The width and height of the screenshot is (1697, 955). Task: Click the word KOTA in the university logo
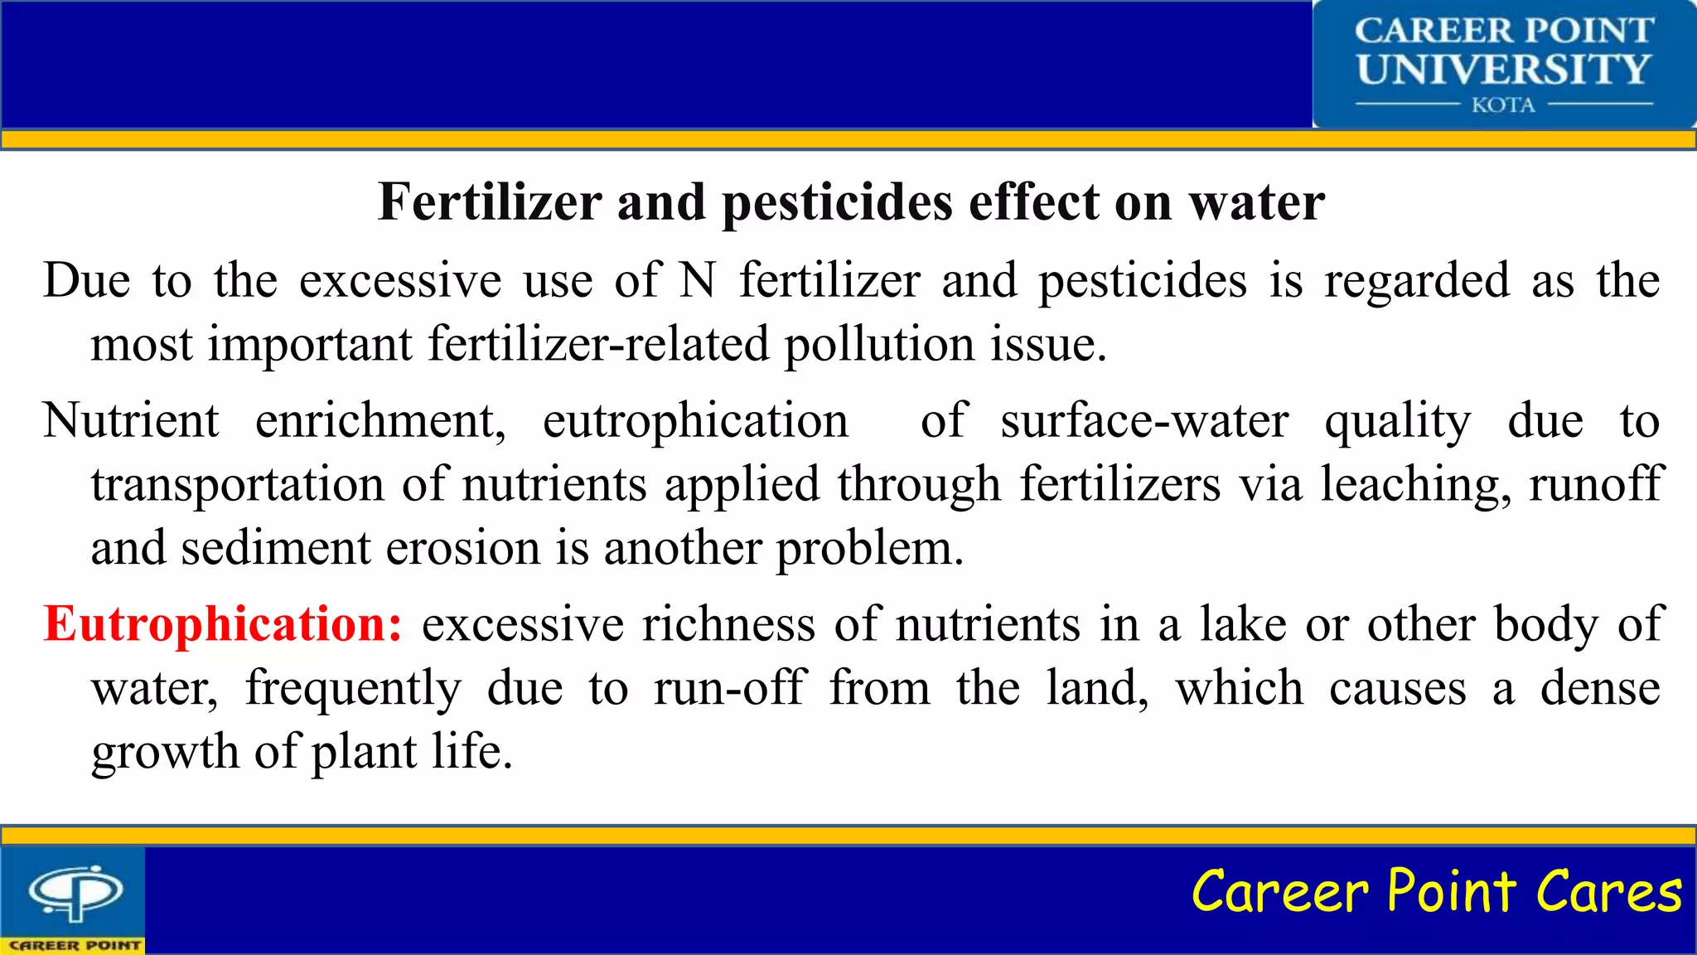[x=1503, y=105]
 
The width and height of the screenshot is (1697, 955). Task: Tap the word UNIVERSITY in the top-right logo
[x=1503, y=70]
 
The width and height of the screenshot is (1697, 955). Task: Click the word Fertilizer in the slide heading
[x=490, y=202]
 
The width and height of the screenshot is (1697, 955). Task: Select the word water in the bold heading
[x=1257, y=202]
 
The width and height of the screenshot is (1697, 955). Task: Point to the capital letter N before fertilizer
[x=698, y=280]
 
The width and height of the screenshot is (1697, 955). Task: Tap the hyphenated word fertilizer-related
[x=598, y=344]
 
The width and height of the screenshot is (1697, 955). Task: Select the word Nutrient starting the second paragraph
[x=131, y=421]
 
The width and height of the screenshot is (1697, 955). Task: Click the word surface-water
[x=1144, y=421]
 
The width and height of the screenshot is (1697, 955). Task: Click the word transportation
[x=238, y=485]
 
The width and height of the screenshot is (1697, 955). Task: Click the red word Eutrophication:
[x=223, y=625]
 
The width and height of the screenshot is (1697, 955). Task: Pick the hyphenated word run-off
[x=729, y=688]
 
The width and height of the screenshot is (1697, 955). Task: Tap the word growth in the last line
[x=165, y=753]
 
